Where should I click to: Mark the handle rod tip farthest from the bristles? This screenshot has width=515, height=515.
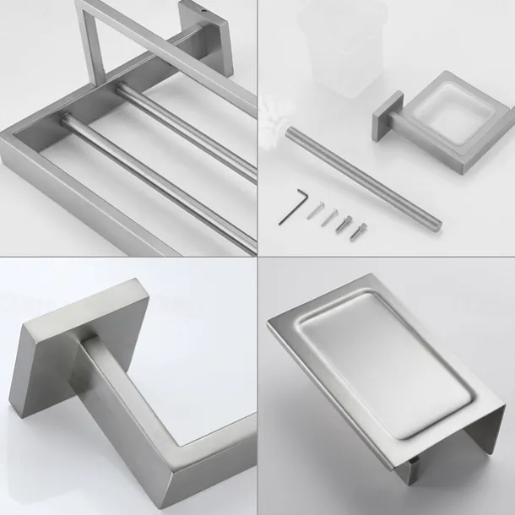(436, 223)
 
